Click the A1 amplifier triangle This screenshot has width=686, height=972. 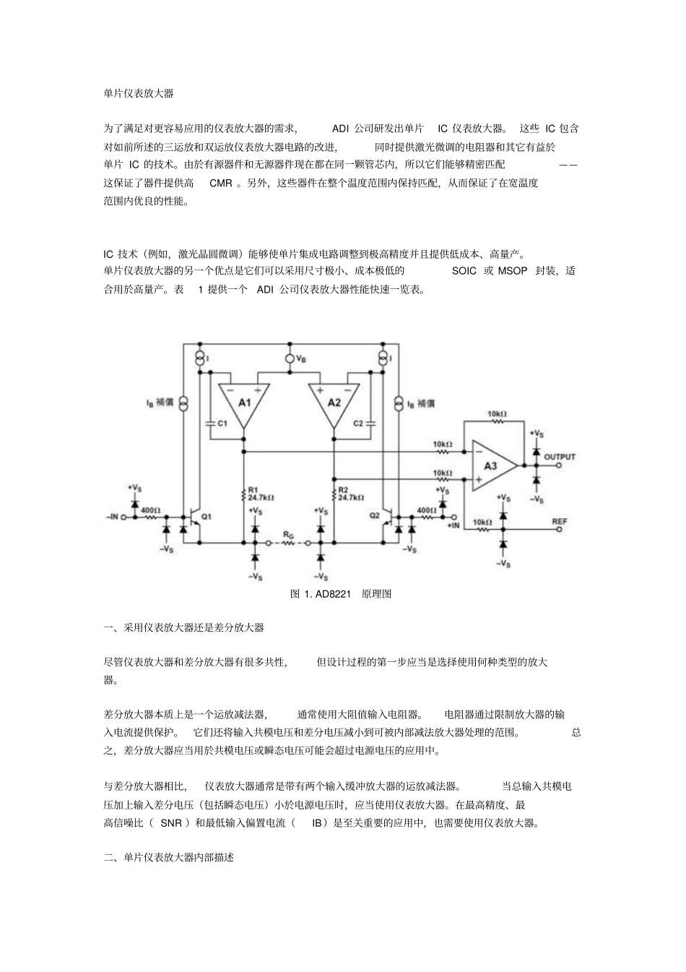[x=244, y=403]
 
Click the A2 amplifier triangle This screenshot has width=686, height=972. [x=334, y=403]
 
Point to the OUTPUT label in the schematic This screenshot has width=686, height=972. [x=560, y=457]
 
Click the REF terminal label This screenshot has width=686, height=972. [x=560, y=521]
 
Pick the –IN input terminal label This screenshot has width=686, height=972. [x=113, y=517]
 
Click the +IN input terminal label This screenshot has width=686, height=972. [x=453, y=526]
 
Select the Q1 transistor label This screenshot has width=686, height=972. [x=207, y=517]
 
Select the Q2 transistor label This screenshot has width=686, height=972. [x=373, y=515]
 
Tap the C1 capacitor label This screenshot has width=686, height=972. [x=222, y=424]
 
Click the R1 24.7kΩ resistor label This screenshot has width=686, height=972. [x=260, y=494]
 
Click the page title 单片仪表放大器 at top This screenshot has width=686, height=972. [x=138, y=94]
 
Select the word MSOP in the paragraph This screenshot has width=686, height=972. [x=513, y=272]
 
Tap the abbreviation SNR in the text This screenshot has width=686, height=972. [x=171, y=823]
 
